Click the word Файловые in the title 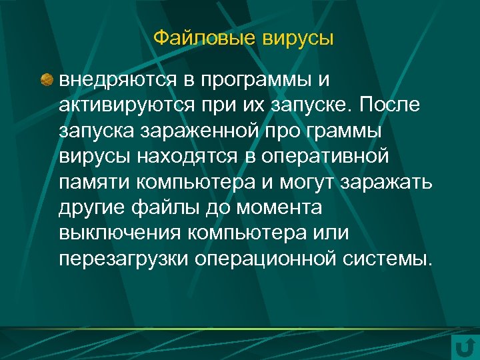click(203, 38)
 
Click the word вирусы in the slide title click(297, 38)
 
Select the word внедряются click(117, 81)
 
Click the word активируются click(124, 105)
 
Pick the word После click(396, 105)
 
